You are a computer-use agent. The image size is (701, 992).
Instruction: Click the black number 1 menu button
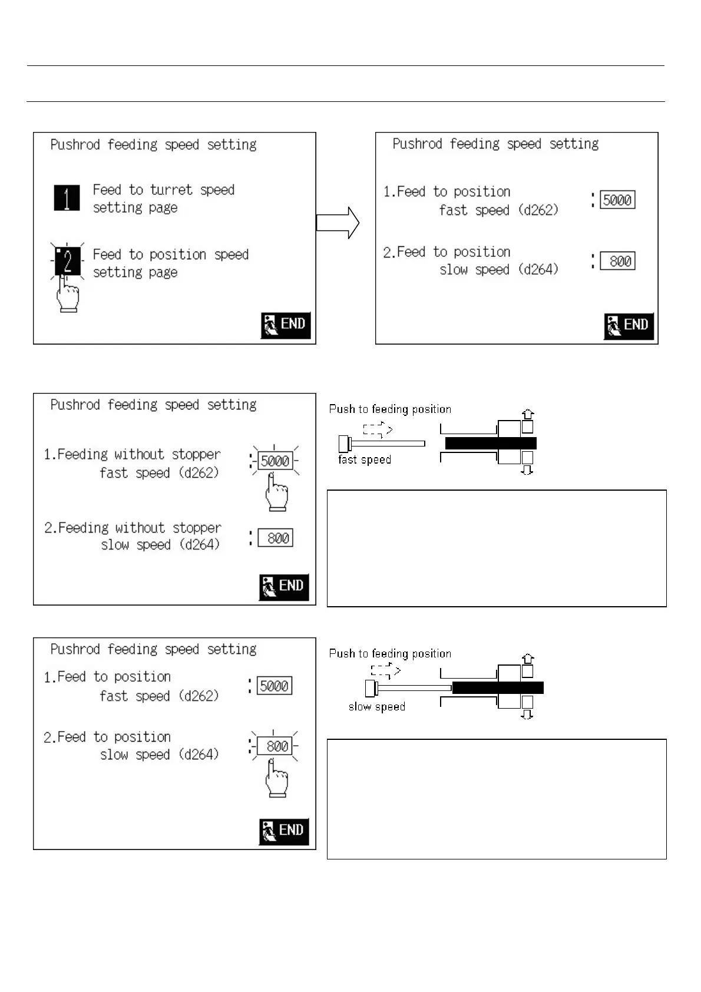(x=67, y=198)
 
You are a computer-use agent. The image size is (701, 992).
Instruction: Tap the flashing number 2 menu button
(x=68, y=262)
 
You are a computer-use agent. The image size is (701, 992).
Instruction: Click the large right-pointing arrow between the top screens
(x=338, y=223)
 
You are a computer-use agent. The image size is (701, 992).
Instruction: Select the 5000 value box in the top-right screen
(x=617, y=200)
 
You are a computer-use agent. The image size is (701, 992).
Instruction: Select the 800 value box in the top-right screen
(x=617, y=261)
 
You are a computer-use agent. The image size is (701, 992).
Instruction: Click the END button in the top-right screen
(x=629, y=325)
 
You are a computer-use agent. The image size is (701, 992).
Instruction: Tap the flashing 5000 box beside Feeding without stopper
(x=275, y=461)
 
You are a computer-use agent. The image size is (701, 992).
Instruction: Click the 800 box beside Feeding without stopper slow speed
(x=275, y=538)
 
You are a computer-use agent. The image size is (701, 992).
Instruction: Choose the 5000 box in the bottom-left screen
(x=275, y=686)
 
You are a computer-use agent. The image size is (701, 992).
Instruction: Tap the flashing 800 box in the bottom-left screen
(x=275, y=746)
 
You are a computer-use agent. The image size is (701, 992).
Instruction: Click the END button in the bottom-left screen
(x=284, y=831)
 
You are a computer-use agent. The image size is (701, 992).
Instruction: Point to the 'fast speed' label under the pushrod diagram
(x=365, y=459)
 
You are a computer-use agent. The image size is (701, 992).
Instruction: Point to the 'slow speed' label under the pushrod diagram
(x=376, y=706)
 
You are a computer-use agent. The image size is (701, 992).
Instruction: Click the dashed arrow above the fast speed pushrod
(x=378, y=430)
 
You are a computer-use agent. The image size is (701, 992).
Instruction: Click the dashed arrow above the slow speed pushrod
(x=386, y=671)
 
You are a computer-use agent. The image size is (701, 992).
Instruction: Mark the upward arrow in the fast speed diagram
(x=528, y=414)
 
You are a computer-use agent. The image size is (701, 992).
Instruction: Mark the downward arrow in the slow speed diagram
(x=528, y=714)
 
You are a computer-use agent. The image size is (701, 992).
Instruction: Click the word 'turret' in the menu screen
(x=171, y=190)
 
